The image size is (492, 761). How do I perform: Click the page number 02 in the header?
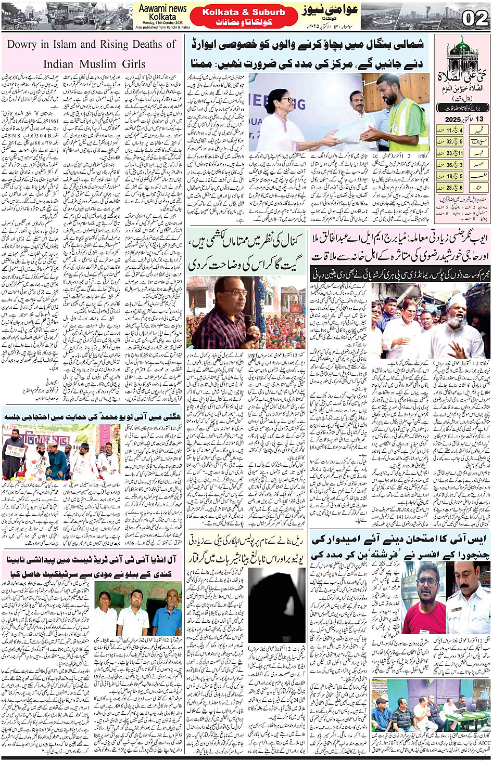tap(474, 19)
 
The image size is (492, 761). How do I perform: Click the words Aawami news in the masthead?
tap(162, 8)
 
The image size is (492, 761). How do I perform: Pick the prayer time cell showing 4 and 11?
tap(450, 129)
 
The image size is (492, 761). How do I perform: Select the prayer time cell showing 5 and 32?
tap(450, 141)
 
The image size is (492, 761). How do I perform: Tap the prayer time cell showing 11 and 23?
tap(450, 153)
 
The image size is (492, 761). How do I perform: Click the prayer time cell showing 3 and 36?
tap(450, 165)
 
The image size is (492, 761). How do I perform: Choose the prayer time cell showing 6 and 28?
tap(450, 188)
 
